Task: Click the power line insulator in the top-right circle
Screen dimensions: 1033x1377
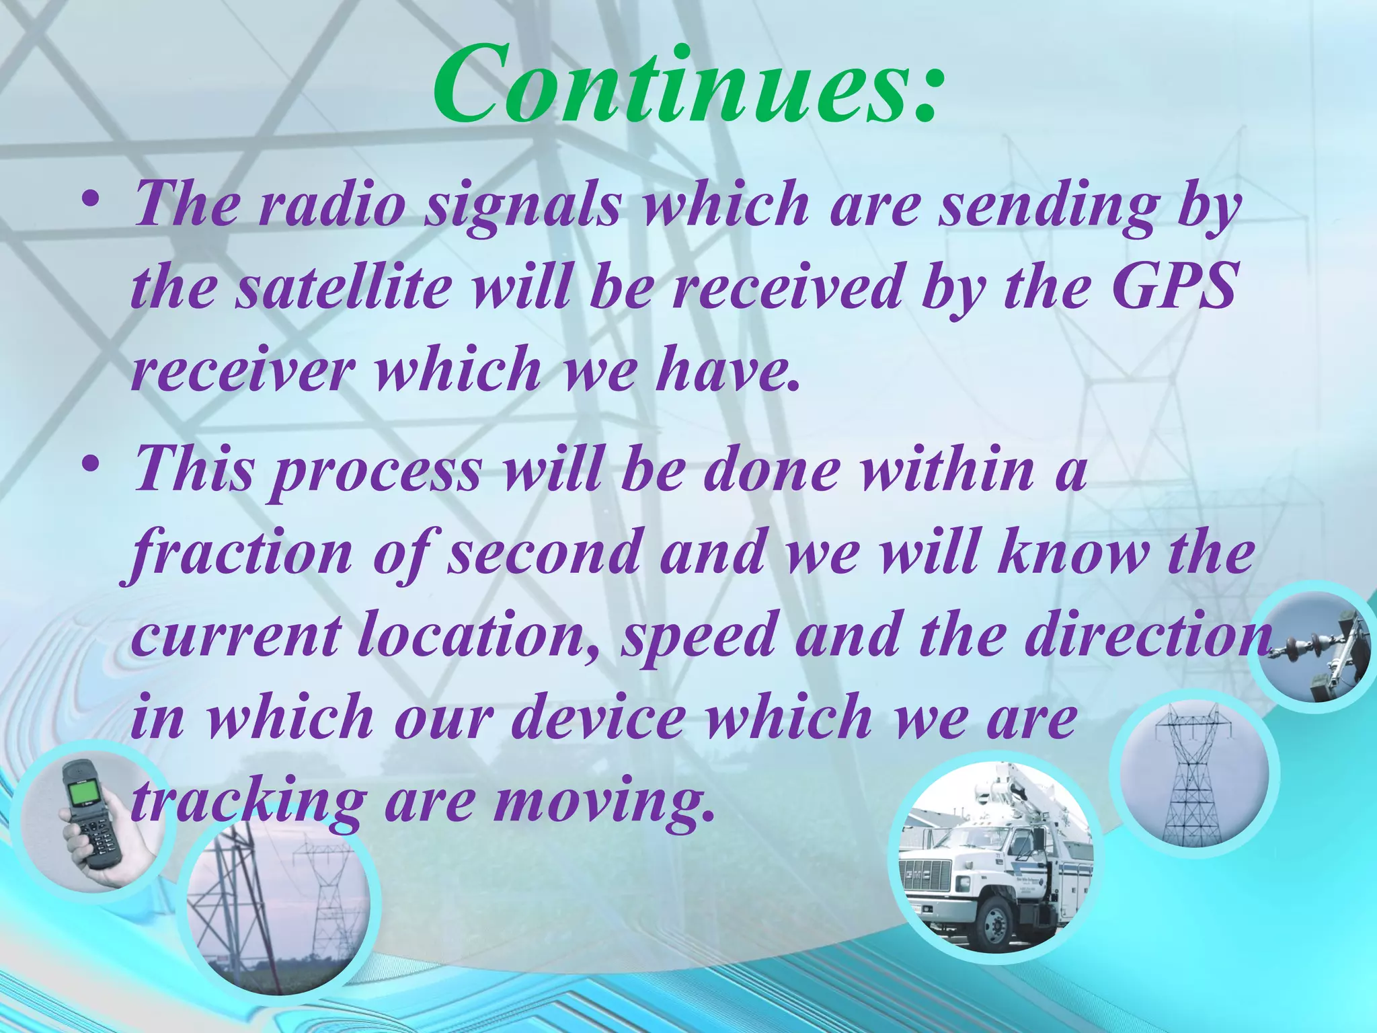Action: [1301, 649]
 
